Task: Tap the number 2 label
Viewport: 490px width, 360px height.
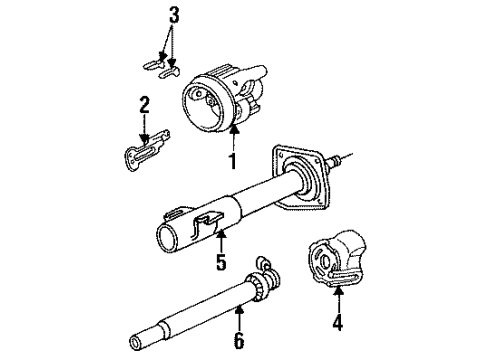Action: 145,104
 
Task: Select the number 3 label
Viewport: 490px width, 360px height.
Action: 174,16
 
